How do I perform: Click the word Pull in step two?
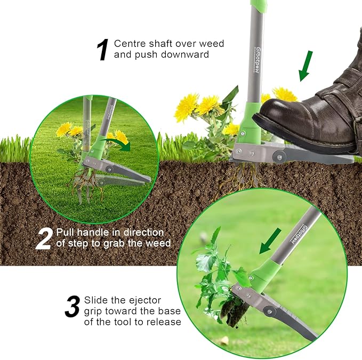click(x=66, y=233)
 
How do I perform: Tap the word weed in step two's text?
click(x=159, y=244)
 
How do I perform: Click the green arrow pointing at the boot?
click(x=305, y=66)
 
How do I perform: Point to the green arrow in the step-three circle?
click(x=271, y=239)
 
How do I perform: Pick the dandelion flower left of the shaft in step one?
click(x=186, y=106)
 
